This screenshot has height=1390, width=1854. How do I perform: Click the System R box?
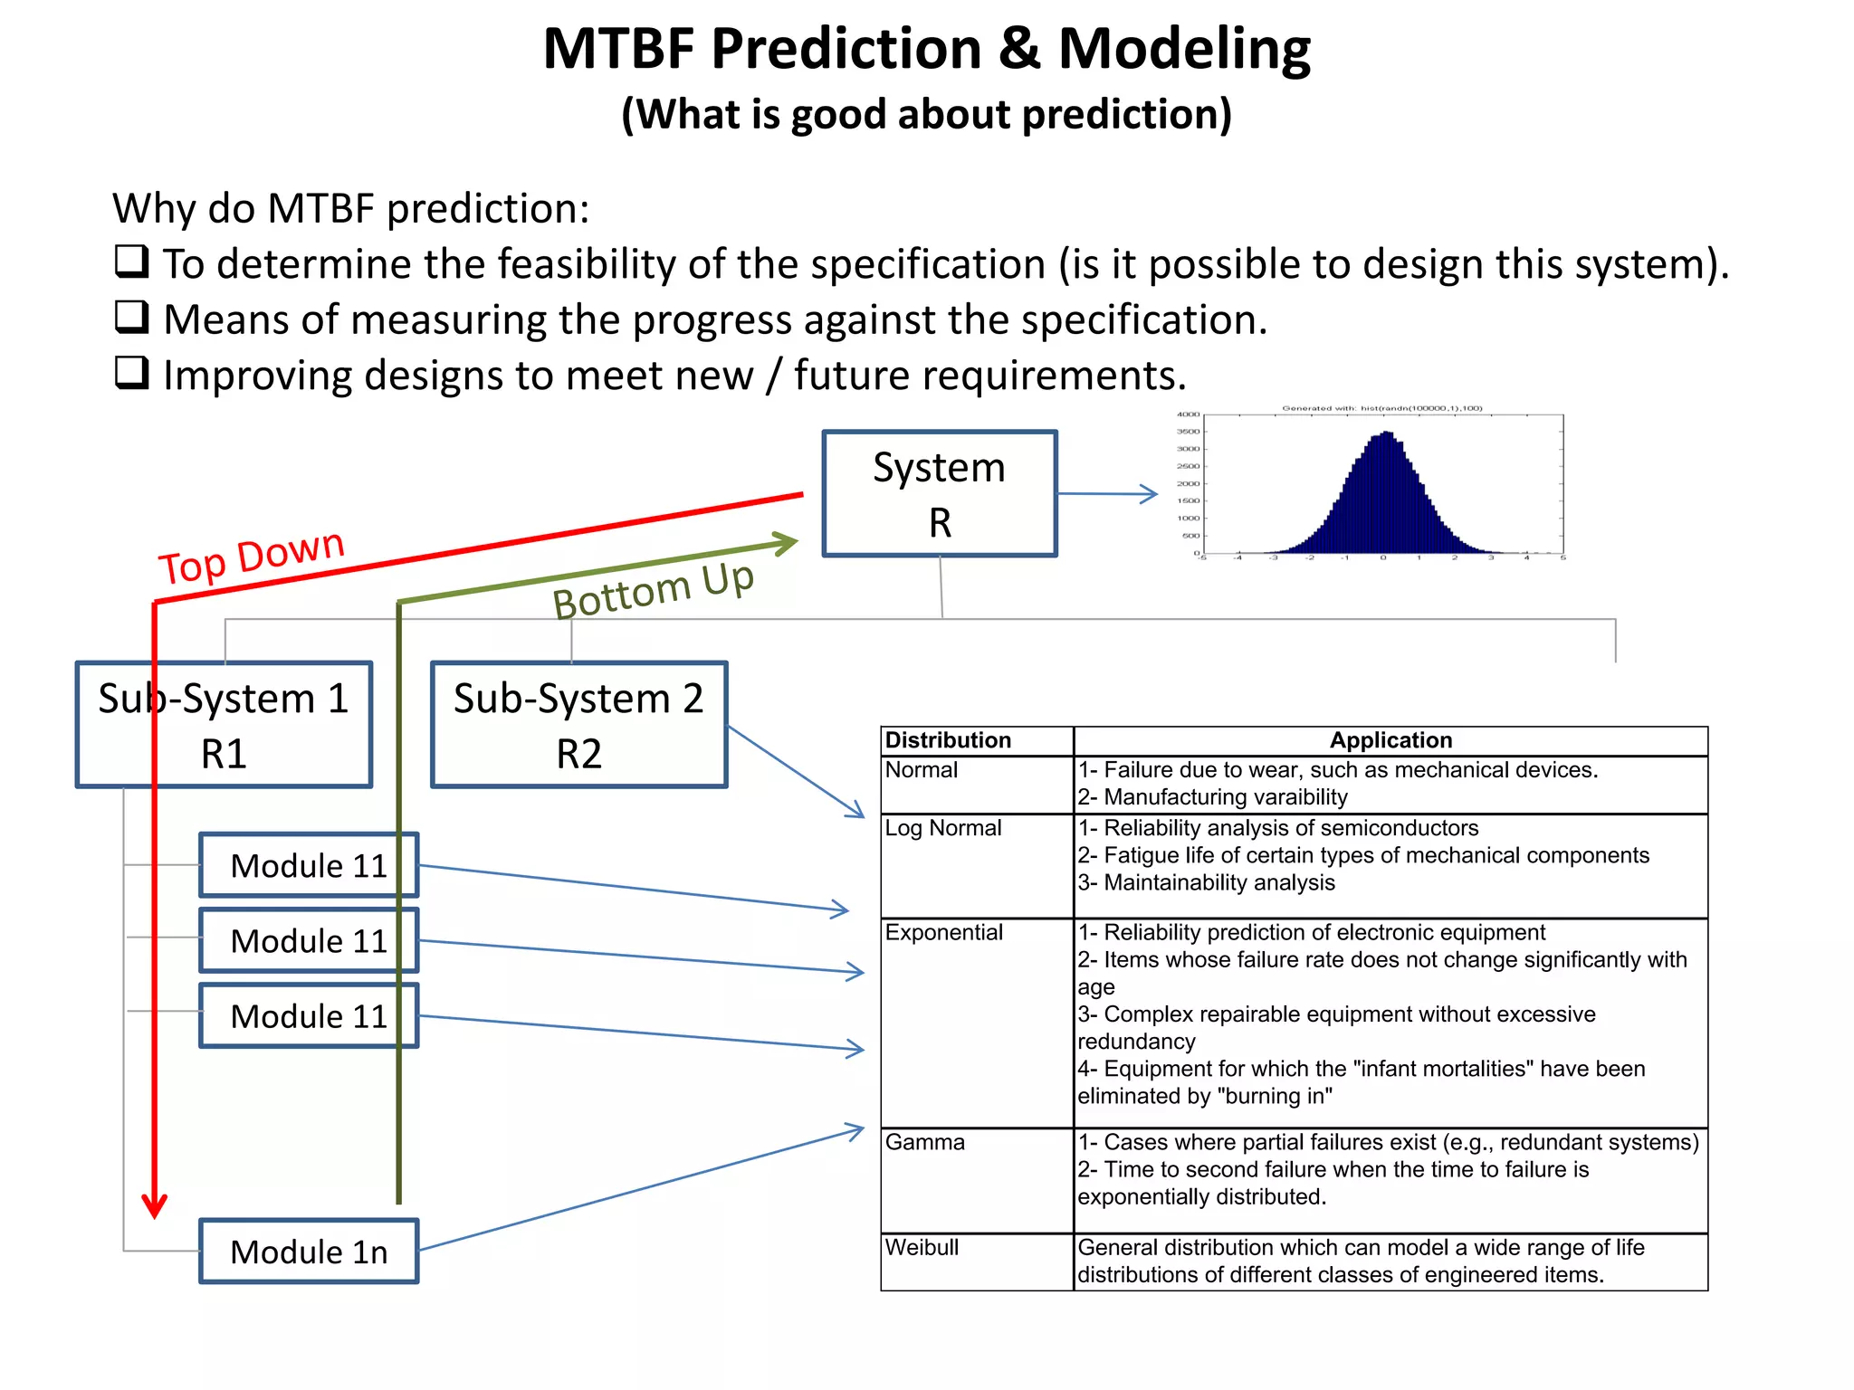click(939, 494)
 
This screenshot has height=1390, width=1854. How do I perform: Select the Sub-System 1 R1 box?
click(224, 725)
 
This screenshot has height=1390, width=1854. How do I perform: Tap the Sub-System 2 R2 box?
click(578, 725)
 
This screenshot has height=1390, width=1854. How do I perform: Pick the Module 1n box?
click(309, 1252)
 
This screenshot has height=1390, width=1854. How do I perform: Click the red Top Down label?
click(252, 556)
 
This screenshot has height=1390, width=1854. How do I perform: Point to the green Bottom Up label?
click(653, 590)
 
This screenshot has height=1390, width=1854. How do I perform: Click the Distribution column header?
click(948, 740)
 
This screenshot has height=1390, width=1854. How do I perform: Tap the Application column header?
click(1390, 740)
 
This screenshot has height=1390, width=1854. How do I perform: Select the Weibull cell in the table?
click(922, 1247)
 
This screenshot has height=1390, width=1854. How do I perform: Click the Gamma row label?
click(924, 1142)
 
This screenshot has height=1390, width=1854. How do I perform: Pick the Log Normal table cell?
click(942, 828)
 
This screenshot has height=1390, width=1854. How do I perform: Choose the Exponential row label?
click(943, 932)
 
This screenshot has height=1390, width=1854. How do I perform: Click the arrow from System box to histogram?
click(1108, 494)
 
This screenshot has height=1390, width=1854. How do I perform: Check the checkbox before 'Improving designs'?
click(132, 372)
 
